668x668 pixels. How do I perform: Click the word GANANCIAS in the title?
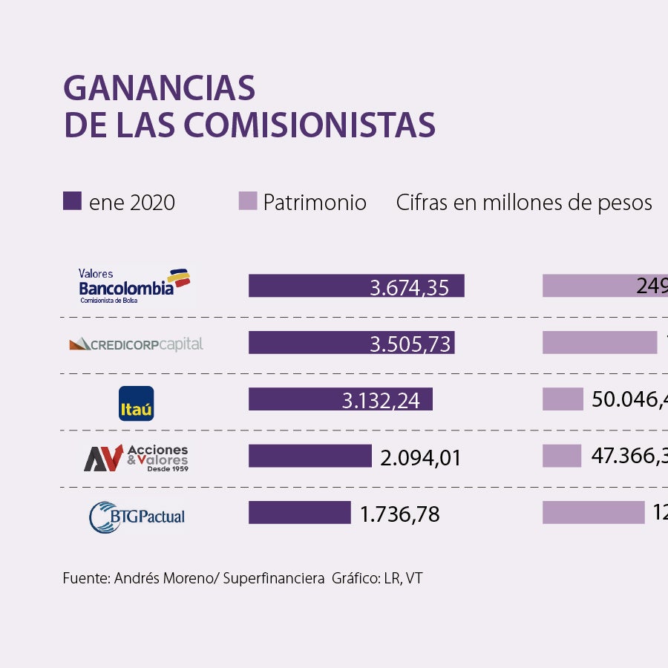pos(160,88)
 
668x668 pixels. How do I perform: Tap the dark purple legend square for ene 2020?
pos(72,201)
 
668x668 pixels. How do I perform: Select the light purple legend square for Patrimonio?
pos(248,201)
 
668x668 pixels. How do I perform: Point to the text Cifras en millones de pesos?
pos(524,203)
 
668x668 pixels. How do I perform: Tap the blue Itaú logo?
pos(137,403)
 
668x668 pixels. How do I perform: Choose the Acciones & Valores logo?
pos(136,459)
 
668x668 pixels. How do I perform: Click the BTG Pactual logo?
pos(137,517)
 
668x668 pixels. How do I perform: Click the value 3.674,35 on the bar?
pos(409,287)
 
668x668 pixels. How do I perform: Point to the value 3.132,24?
pos(381,401)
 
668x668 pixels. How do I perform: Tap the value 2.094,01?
pos(420,458)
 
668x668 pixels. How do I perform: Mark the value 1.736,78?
pos(399,514)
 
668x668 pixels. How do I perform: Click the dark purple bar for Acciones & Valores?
pos(310,456)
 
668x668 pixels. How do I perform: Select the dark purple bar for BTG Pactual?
pos(299,513)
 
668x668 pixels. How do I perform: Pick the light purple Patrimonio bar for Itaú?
pos(563,399)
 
